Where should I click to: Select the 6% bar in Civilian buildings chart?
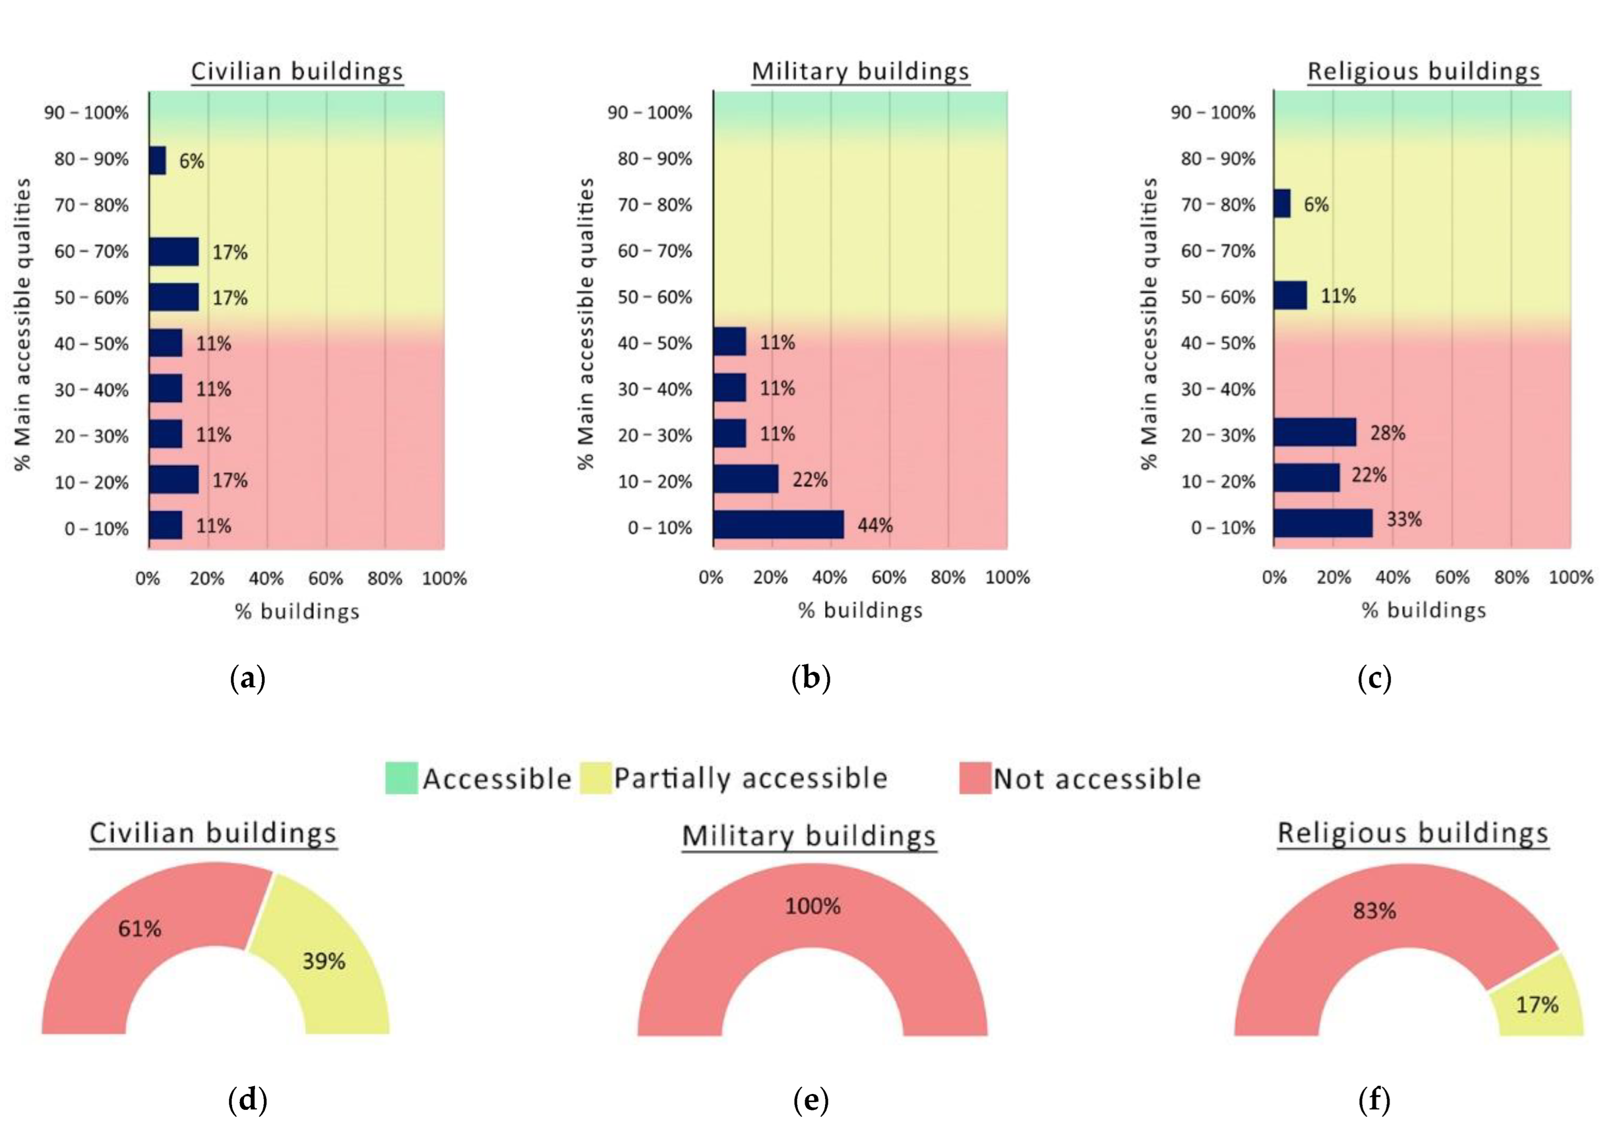157,160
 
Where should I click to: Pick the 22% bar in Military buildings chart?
745,479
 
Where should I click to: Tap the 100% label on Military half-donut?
812,905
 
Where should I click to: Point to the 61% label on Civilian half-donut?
139,929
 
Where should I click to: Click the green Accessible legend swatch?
401,778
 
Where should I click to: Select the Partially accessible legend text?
750,778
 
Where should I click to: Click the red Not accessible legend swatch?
974,778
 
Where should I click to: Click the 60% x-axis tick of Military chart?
888,577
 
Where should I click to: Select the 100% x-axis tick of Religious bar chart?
1570,577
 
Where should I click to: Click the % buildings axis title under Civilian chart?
297,611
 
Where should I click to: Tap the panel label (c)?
1374,678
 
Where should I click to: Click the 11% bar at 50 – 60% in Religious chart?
1289,296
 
